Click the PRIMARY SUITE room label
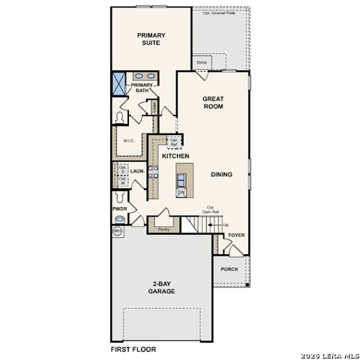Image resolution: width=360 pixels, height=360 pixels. [151, 39]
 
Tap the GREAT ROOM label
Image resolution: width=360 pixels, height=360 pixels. [213, 103]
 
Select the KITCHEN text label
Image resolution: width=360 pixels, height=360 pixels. [175, 156]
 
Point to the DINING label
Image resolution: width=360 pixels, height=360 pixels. [221, 175]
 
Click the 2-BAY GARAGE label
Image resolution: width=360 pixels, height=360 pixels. [161, 286]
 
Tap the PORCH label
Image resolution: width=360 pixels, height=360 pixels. [229, 269]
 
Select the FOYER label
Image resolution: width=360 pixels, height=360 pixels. [236, 235]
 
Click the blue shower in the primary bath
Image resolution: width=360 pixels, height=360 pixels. [119, 83]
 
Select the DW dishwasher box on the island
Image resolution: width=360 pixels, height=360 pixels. [181, 192]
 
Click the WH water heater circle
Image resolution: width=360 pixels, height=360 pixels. [118, 232]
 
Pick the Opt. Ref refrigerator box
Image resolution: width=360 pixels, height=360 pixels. [174, 142]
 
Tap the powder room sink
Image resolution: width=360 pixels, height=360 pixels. [119, 220]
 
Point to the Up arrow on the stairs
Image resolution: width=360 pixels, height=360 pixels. [225, 225]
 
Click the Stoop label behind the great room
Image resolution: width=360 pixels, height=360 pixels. [202, 62]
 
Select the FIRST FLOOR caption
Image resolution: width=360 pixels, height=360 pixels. [133, 349]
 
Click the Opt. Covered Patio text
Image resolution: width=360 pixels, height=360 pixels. [218, 13]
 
